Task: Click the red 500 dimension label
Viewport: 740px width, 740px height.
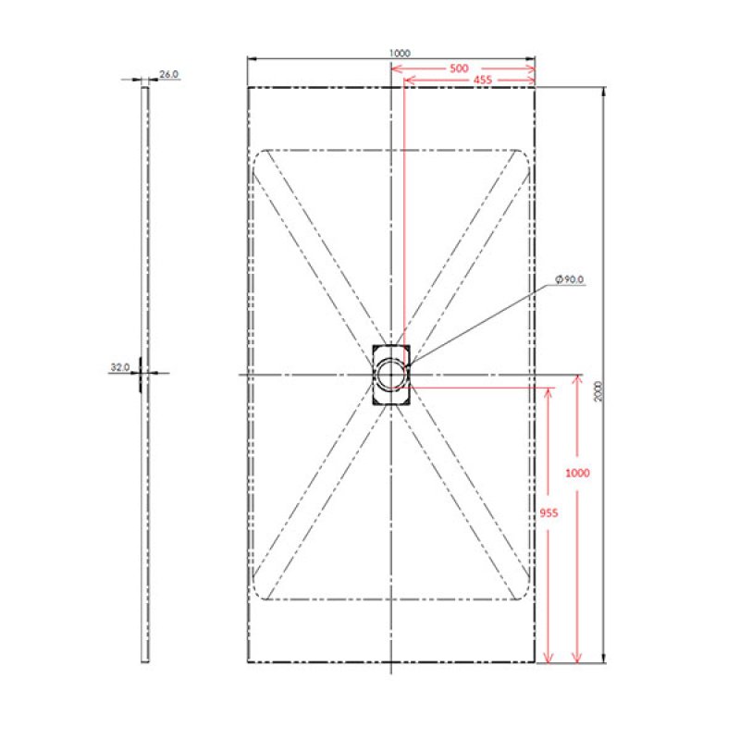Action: pyautogui.click(x=459, y=68)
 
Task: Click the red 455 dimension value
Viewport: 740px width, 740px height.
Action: pyautogui.click(x=482, y=80)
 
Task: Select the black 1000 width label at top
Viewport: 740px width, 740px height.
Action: pyautogui.click(x=400, y=54)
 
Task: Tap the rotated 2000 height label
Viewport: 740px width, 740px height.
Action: pyautogui.click(x=598, y=391)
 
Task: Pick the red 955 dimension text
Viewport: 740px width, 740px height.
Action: pyautogui.click(x=549, y=512)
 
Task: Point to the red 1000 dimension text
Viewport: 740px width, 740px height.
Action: pyautogui.click(x=577, y=473)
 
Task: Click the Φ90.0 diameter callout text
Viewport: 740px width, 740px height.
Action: pyautogui.click(x=570, y=279)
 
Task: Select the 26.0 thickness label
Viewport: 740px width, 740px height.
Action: pyautogui.click(x=168, y=74)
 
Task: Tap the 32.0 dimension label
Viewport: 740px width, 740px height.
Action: pyautogui.click(x=120, y=366)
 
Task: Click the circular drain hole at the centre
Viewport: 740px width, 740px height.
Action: pyautogui.click(x=391, y=375)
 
